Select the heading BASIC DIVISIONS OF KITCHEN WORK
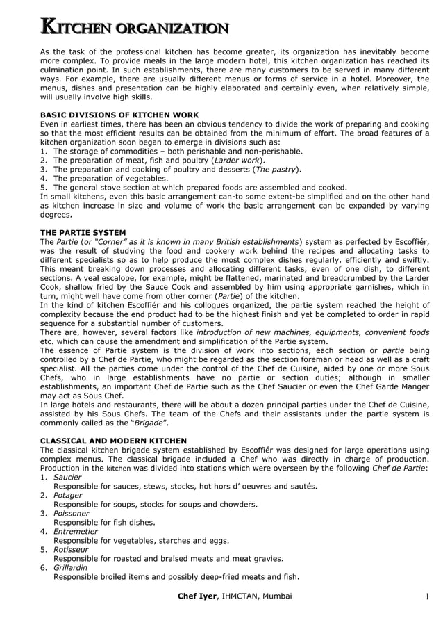119,115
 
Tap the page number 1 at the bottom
427,597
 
